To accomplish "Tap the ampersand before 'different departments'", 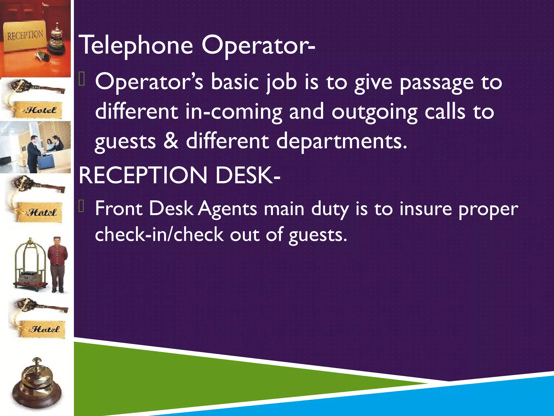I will coord(171,141).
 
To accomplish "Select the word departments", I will coord(341,141).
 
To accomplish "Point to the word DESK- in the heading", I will coord(248,175).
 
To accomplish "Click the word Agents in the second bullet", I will coord(227,209).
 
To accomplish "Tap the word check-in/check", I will coord(159,235).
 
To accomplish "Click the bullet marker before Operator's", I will coord(82,80).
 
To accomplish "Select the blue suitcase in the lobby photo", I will coord(46,162).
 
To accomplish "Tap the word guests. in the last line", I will coord(318,235).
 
